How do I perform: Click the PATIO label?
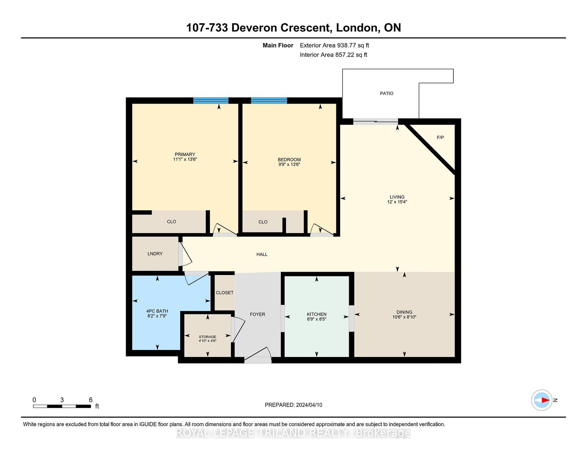(386, 93)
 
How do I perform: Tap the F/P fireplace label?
(440, 137)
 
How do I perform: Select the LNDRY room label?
(155, 254)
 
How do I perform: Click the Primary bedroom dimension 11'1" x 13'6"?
(185, 159)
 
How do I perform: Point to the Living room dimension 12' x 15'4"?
(397, 202)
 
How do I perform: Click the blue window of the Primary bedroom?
(211, 101)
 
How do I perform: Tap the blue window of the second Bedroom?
(269, 101)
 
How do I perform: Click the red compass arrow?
(546, 400)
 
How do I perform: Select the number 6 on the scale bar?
(90, 400)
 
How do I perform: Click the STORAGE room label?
(208, 337)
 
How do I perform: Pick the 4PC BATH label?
(157, 311)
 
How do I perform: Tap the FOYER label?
(257, 314)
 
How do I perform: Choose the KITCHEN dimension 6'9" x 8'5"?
(316, 319)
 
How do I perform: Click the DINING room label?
(404, 312)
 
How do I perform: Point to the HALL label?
(262, 254)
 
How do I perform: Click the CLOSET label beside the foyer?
(225, 293)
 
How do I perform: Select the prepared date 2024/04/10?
(309, 405)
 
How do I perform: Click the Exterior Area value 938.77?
(346, 45)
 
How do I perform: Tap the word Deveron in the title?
(255, 28)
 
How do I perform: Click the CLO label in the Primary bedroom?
(172, 222)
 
